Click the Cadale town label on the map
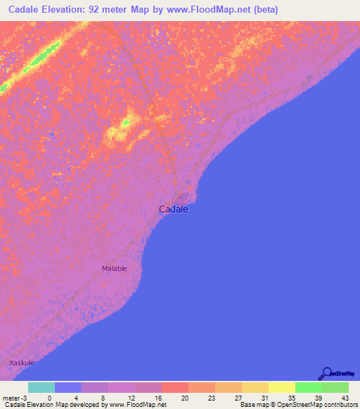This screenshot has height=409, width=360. [174, 209]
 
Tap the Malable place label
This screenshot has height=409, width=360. [115, 268]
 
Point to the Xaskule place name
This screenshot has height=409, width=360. [22, 363]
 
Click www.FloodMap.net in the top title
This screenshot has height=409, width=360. [207, 10]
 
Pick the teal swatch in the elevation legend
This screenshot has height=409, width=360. [41, 387]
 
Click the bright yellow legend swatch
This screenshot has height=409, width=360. [282, 387]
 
